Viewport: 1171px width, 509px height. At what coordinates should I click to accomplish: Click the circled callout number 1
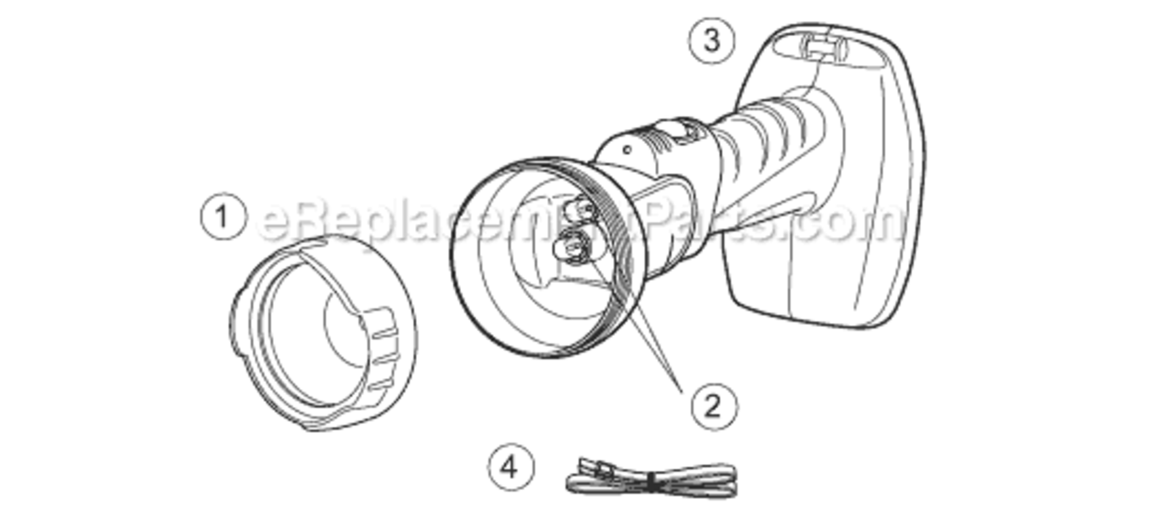224,217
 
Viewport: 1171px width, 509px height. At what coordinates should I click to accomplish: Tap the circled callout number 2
714,407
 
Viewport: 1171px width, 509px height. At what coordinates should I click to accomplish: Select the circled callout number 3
711,40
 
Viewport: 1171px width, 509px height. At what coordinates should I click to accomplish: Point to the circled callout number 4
511,467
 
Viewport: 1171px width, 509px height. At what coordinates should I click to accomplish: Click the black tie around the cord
652,482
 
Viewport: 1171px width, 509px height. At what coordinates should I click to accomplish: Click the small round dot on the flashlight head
628,149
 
